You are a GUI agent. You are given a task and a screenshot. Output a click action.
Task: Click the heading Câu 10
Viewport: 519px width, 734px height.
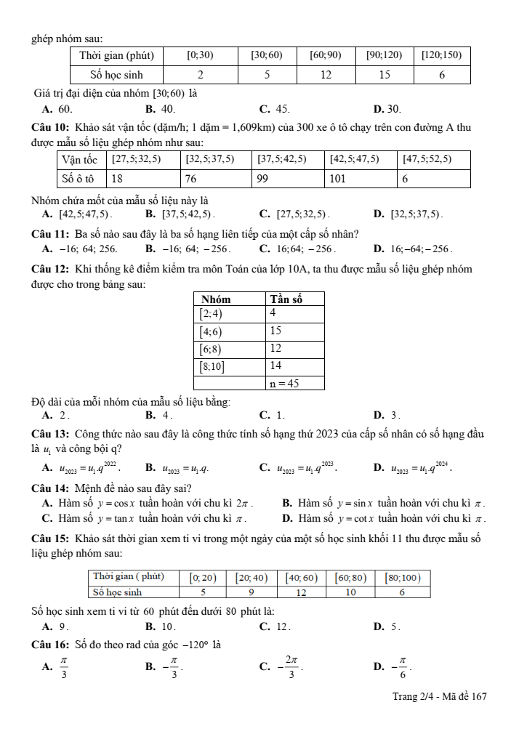(x=49, y=128)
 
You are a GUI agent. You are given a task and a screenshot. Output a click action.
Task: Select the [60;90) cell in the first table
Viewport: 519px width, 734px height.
(x=326, y=55)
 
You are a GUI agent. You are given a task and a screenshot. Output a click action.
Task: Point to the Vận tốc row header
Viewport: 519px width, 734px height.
(x=80, y=159)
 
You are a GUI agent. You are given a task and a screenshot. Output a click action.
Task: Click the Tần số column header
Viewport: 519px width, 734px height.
(x=286, y=299)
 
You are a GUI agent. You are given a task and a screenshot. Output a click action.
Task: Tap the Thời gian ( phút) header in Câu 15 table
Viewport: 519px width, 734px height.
(x=129, y=577)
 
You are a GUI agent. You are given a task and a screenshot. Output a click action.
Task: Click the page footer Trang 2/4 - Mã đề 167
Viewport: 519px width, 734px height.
(x=439, y=696)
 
